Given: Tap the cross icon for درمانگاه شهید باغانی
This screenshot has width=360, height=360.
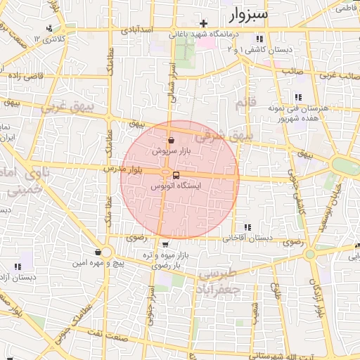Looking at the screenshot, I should tap(204, 23).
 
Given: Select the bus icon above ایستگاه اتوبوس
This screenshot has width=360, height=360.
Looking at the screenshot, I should tap(176, 175).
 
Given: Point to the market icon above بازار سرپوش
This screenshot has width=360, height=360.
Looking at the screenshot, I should tap(172, 140).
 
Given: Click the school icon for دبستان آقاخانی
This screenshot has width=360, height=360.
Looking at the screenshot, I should tap(247, 227).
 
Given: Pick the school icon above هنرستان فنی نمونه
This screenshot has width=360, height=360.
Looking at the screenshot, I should tap(298, 98).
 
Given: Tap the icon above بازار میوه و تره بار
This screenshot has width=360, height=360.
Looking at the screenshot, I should tap(165, 245).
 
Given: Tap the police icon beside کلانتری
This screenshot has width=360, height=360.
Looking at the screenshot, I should tap(49, 29).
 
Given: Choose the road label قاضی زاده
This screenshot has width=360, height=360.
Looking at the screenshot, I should tap(26, 75).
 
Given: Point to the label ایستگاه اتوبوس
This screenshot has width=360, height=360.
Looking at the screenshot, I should tap(176, 186).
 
